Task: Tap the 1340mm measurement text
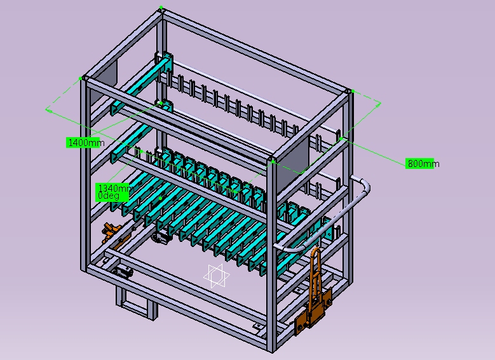click(114, 189)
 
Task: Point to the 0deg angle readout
click(109, 196)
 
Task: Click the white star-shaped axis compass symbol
click(216, 276)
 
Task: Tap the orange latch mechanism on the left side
click(112, 233)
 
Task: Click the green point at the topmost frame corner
click(161, 7)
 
